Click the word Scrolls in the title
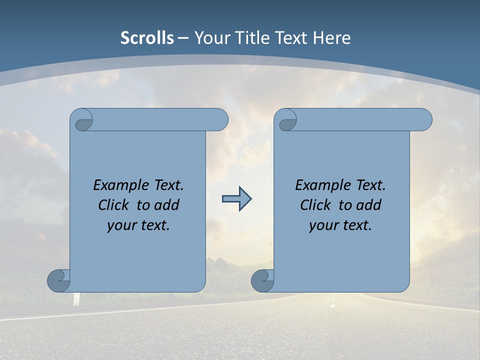pos(147,38)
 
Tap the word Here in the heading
pos(332,38)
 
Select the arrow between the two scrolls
pos(236,199)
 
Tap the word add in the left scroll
pos(166,205)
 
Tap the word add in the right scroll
pos(368,205)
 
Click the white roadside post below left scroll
pos(76,298)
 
